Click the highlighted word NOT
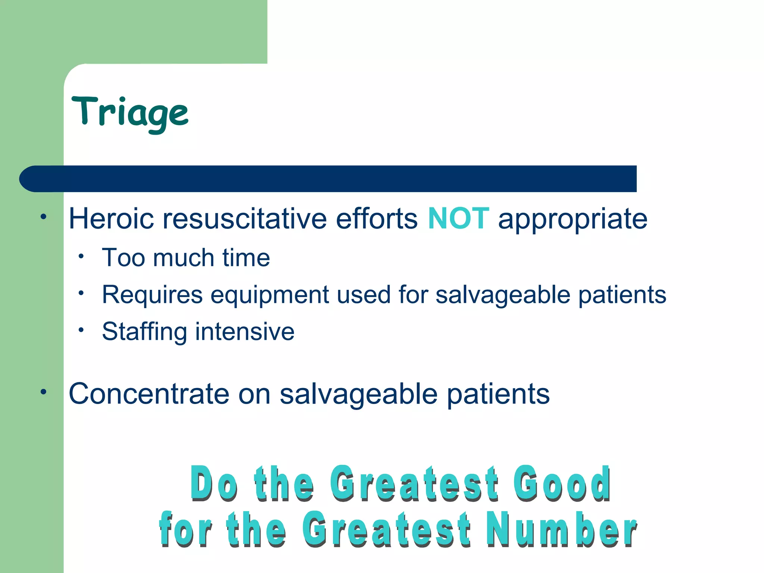tap(458, 219)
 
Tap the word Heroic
tap(111, 219)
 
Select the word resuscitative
tap(244, 219)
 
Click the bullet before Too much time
tap(81, 256)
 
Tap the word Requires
tap(152, 295)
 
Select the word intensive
tap(245, 332)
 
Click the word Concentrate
tap(149, 394)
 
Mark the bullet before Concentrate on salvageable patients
tap(44, 392)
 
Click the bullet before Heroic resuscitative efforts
tap(44, 217)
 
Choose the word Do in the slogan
tap(213, 483)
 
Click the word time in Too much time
tap(246, 258)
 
